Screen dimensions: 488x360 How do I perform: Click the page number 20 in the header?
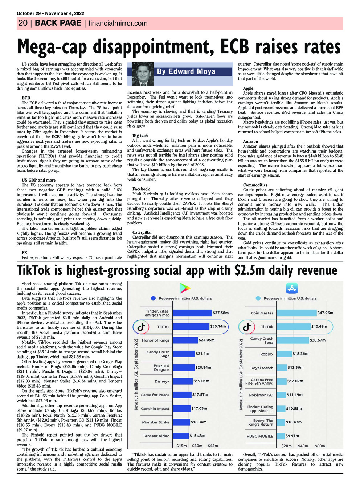coord(22,23)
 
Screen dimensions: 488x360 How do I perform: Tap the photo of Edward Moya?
coord(143,74)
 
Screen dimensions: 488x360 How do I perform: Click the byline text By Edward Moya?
coord(186,71)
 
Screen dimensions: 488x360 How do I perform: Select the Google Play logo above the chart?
coord(185,288)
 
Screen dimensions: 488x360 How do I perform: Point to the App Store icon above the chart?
coord(292,288)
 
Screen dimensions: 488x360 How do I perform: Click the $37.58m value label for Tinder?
coord(221,313)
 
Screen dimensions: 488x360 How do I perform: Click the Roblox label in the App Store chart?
coord(267,354)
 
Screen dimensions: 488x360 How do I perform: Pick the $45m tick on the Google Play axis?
coord(213,446)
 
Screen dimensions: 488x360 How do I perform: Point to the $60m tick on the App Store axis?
coord(320,446)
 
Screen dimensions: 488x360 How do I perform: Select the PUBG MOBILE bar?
coord(281,436)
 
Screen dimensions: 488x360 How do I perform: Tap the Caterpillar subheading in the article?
coord(142,232)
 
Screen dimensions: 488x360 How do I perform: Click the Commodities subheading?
coord(255,185)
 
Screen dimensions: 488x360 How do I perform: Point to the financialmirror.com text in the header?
coord(118,24)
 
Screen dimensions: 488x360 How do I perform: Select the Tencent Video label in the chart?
coord(156,436)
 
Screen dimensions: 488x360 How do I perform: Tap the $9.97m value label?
coord(292,436)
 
